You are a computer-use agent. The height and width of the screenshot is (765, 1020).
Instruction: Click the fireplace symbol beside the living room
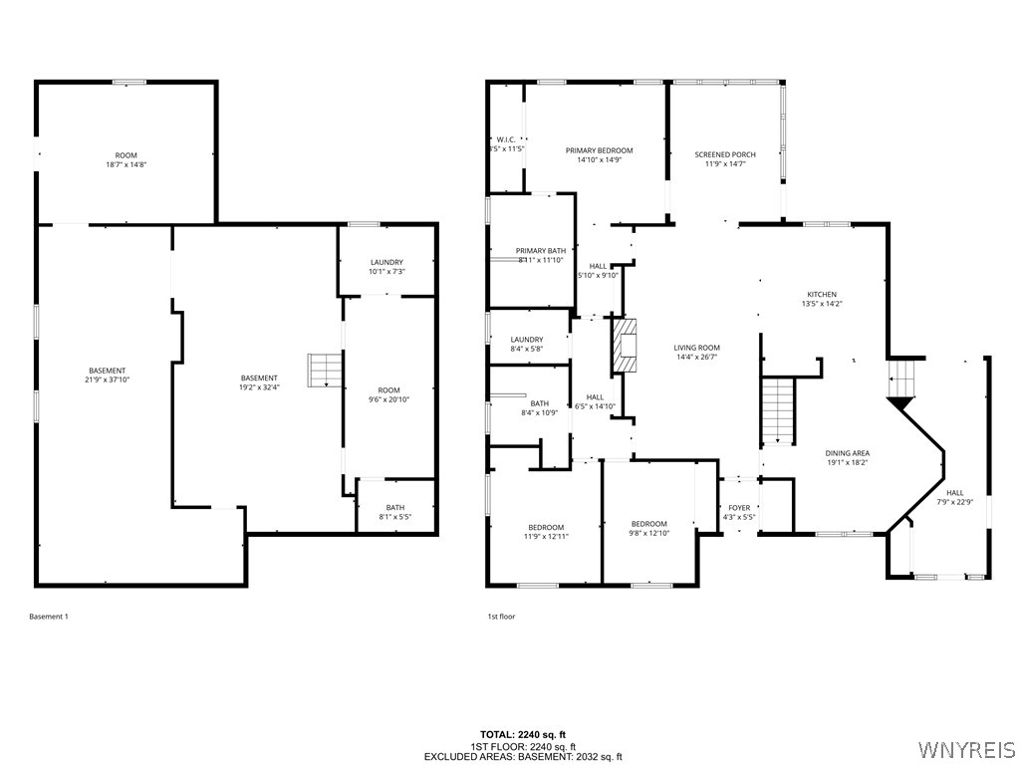point(625,345)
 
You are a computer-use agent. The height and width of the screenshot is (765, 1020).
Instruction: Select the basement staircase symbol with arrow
point(323,371)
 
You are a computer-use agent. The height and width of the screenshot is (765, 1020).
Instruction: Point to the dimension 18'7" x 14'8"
point(126,164)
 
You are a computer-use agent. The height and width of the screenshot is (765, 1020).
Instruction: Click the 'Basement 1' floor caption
point(49,617)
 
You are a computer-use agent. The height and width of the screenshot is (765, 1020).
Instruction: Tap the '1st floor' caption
point(501,617)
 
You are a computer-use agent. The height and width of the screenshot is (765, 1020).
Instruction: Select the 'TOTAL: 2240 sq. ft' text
point(523,735)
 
